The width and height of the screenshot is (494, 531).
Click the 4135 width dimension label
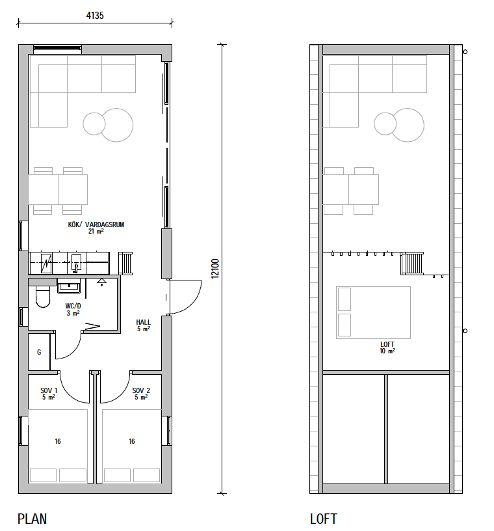[x=95, y=16]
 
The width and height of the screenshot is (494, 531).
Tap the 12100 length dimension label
[x=215, y=269]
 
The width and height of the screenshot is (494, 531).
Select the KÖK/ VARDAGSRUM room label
[x=96, y=225]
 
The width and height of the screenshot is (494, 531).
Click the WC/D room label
[x=73, y=306]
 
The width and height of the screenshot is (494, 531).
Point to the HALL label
[x=144, y=322]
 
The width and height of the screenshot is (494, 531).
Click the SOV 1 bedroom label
[x=49, y=390]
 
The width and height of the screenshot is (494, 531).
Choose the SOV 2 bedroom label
[x=141, y=390]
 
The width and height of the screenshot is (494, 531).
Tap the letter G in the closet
[x=39, y=352]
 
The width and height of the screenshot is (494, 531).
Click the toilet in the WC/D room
[x=43, y=297]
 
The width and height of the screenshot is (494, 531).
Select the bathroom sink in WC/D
[x=69, y=286]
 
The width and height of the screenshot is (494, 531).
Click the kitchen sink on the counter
[x=76, y=264]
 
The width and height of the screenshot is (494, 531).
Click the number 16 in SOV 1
[x=58, y=441]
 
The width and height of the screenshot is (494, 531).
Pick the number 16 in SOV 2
[x=132, y=441]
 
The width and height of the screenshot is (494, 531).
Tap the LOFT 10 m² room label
[x=387, y=347]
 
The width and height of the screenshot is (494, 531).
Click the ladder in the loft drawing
[x=412, y=264]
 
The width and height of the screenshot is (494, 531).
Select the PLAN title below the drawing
[x=32, y=519]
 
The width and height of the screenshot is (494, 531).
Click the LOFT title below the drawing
[x=324, y=519]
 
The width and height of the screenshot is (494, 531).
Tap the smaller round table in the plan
[x=94, y=124]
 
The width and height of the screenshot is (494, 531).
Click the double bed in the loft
[x=373, y=312]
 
